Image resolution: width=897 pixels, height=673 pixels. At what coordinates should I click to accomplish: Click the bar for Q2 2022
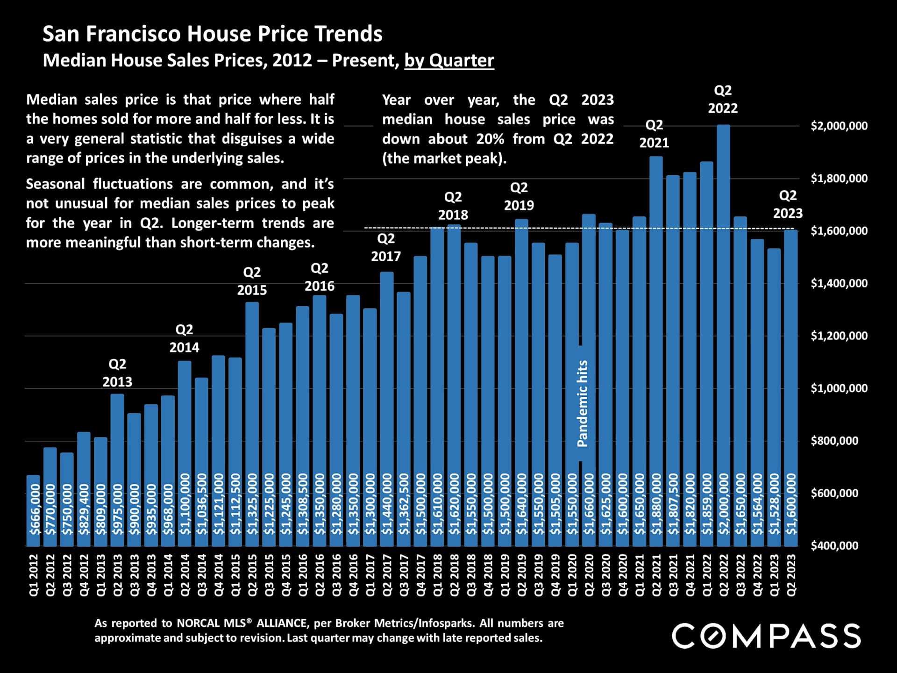pyautogui.click(x=723, y=327)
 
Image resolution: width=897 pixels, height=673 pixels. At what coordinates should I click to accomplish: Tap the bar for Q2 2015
pyautogui.click(x=252, y=421)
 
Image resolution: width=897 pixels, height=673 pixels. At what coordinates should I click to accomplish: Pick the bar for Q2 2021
pyautogui.click(x=656, y=351)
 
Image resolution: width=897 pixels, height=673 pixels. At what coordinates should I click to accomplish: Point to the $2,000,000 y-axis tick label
pyautogui.click(x=839, y=126)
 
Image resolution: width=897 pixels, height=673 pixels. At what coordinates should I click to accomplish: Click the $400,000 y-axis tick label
pyautogui.click(x=834, y=545)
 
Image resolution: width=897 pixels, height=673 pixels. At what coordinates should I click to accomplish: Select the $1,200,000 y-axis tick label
pyautogui.click(x=839, y=336)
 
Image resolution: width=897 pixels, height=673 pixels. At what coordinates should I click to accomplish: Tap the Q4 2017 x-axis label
pyautogui.click(x=420, y=575)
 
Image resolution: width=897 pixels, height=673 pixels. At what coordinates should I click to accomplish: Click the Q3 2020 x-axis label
pyautogui.click(x=605, y=575)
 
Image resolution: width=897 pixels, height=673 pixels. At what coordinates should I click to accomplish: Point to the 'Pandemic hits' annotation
pyautogui.click(x=582, y=403)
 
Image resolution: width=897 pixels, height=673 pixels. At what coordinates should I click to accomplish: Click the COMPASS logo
pyautogui.click(x=766, y=636)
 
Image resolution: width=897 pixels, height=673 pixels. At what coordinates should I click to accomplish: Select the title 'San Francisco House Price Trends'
pyautogui.click(x=213, y=34)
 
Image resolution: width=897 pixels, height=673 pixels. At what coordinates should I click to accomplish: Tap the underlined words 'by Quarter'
pyautogui.click(x=449, y=60)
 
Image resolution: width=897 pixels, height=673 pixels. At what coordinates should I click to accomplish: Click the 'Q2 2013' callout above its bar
pyautogui.click(x=117, y=372)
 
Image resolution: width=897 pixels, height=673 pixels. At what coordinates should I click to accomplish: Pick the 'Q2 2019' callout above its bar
pyautogui.click(x=519, y=196)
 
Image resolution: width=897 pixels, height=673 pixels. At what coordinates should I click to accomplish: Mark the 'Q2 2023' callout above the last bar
pyautogui.click(x=788, y=204)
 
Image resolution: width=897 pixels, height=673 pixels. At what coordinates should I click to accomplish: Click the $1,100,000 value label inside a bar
pyautogui.click(x=185, y=504)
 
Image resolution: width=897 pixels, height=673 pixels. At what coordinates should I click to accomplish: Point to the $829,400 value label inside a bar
pyautogui.click(x=84, y=509)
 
